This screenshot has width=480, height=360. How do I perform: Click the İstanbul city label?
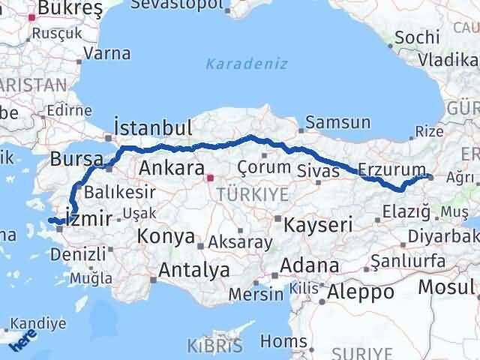point(153,126)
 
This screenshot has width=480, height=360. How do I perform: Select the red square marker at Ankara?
point(211,178)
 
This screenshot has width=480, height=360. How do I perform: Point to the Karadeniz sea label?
point(247,64)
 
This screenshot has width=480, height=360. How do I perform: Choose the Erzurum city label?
point(391,169)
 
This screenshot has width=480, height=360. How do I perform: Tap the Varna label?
point(106,53)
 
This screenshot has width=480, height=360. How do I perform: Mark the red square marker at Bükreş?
point(32,16)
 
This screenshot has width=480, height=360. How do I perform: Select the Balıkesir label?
point(113,190)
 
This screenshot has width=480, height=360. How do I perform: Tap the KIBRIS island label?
point(216,346)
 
